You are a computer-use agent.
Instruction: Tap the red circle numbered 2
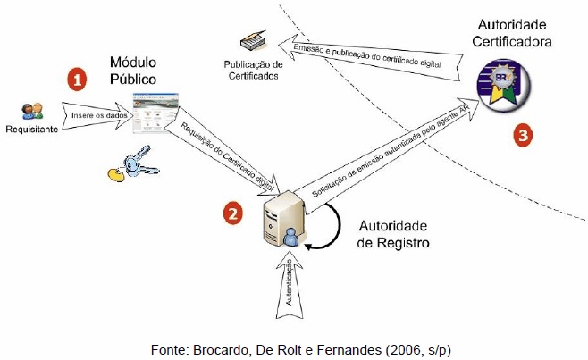[x=233, y=213]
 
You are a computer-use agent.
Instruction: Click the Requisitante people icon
[x=31, y=111]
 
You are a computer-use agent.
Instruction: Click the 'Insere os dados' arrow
[x=93, y=114]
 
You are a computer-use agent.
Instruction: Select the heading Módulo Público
[x=133, y=71]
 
